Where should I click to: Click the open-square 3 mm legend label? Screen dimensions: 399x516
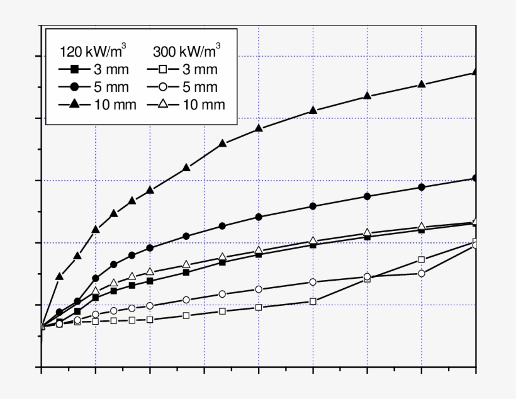pyautogui.click(x=200, y=69)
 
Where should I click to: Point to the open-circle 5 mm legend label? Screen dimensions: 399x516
pyautogui.click(x=200, y=87)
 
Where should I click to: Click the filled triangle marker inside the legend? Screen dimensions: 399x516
pyautogui.click(x=74, y=104)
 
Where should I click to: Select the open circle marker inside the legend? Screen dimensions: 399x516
pyautogui.click(x=164, y=87)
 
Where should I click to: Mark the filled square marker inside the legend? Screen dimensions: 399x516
pyautogui.click(x=74, y=69)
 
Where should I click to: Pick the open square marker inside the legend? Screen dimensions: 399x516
pyautogui.click(x=164, y=69)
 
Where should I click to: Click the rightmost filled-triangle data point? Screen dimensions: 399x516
pyautogui.click(x=475, y=72)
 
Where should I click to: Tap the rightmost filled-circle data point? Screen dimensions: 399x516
pyautogui.click(x=475, y=178)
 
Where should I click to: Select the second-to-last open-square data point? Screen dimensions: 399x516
pyautogui.click(x=422, y=259)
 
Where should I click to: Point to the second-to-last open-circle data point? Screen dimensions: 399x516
pyautogui.click(x=422, y=273)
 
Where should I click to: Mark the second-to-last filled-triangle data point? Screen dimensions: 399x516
pyautogui.click(x=422, y=84)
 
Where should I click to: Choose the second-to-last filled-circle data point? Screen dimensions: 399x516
pyautogui.click(x=422, y=187)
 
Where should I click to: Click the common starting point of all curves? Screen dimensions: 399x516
pyautogui.click(x=42, y=326)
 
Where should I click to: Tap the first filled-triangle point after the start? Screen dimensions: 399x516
pyautogui.click(x=59, y=276)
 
